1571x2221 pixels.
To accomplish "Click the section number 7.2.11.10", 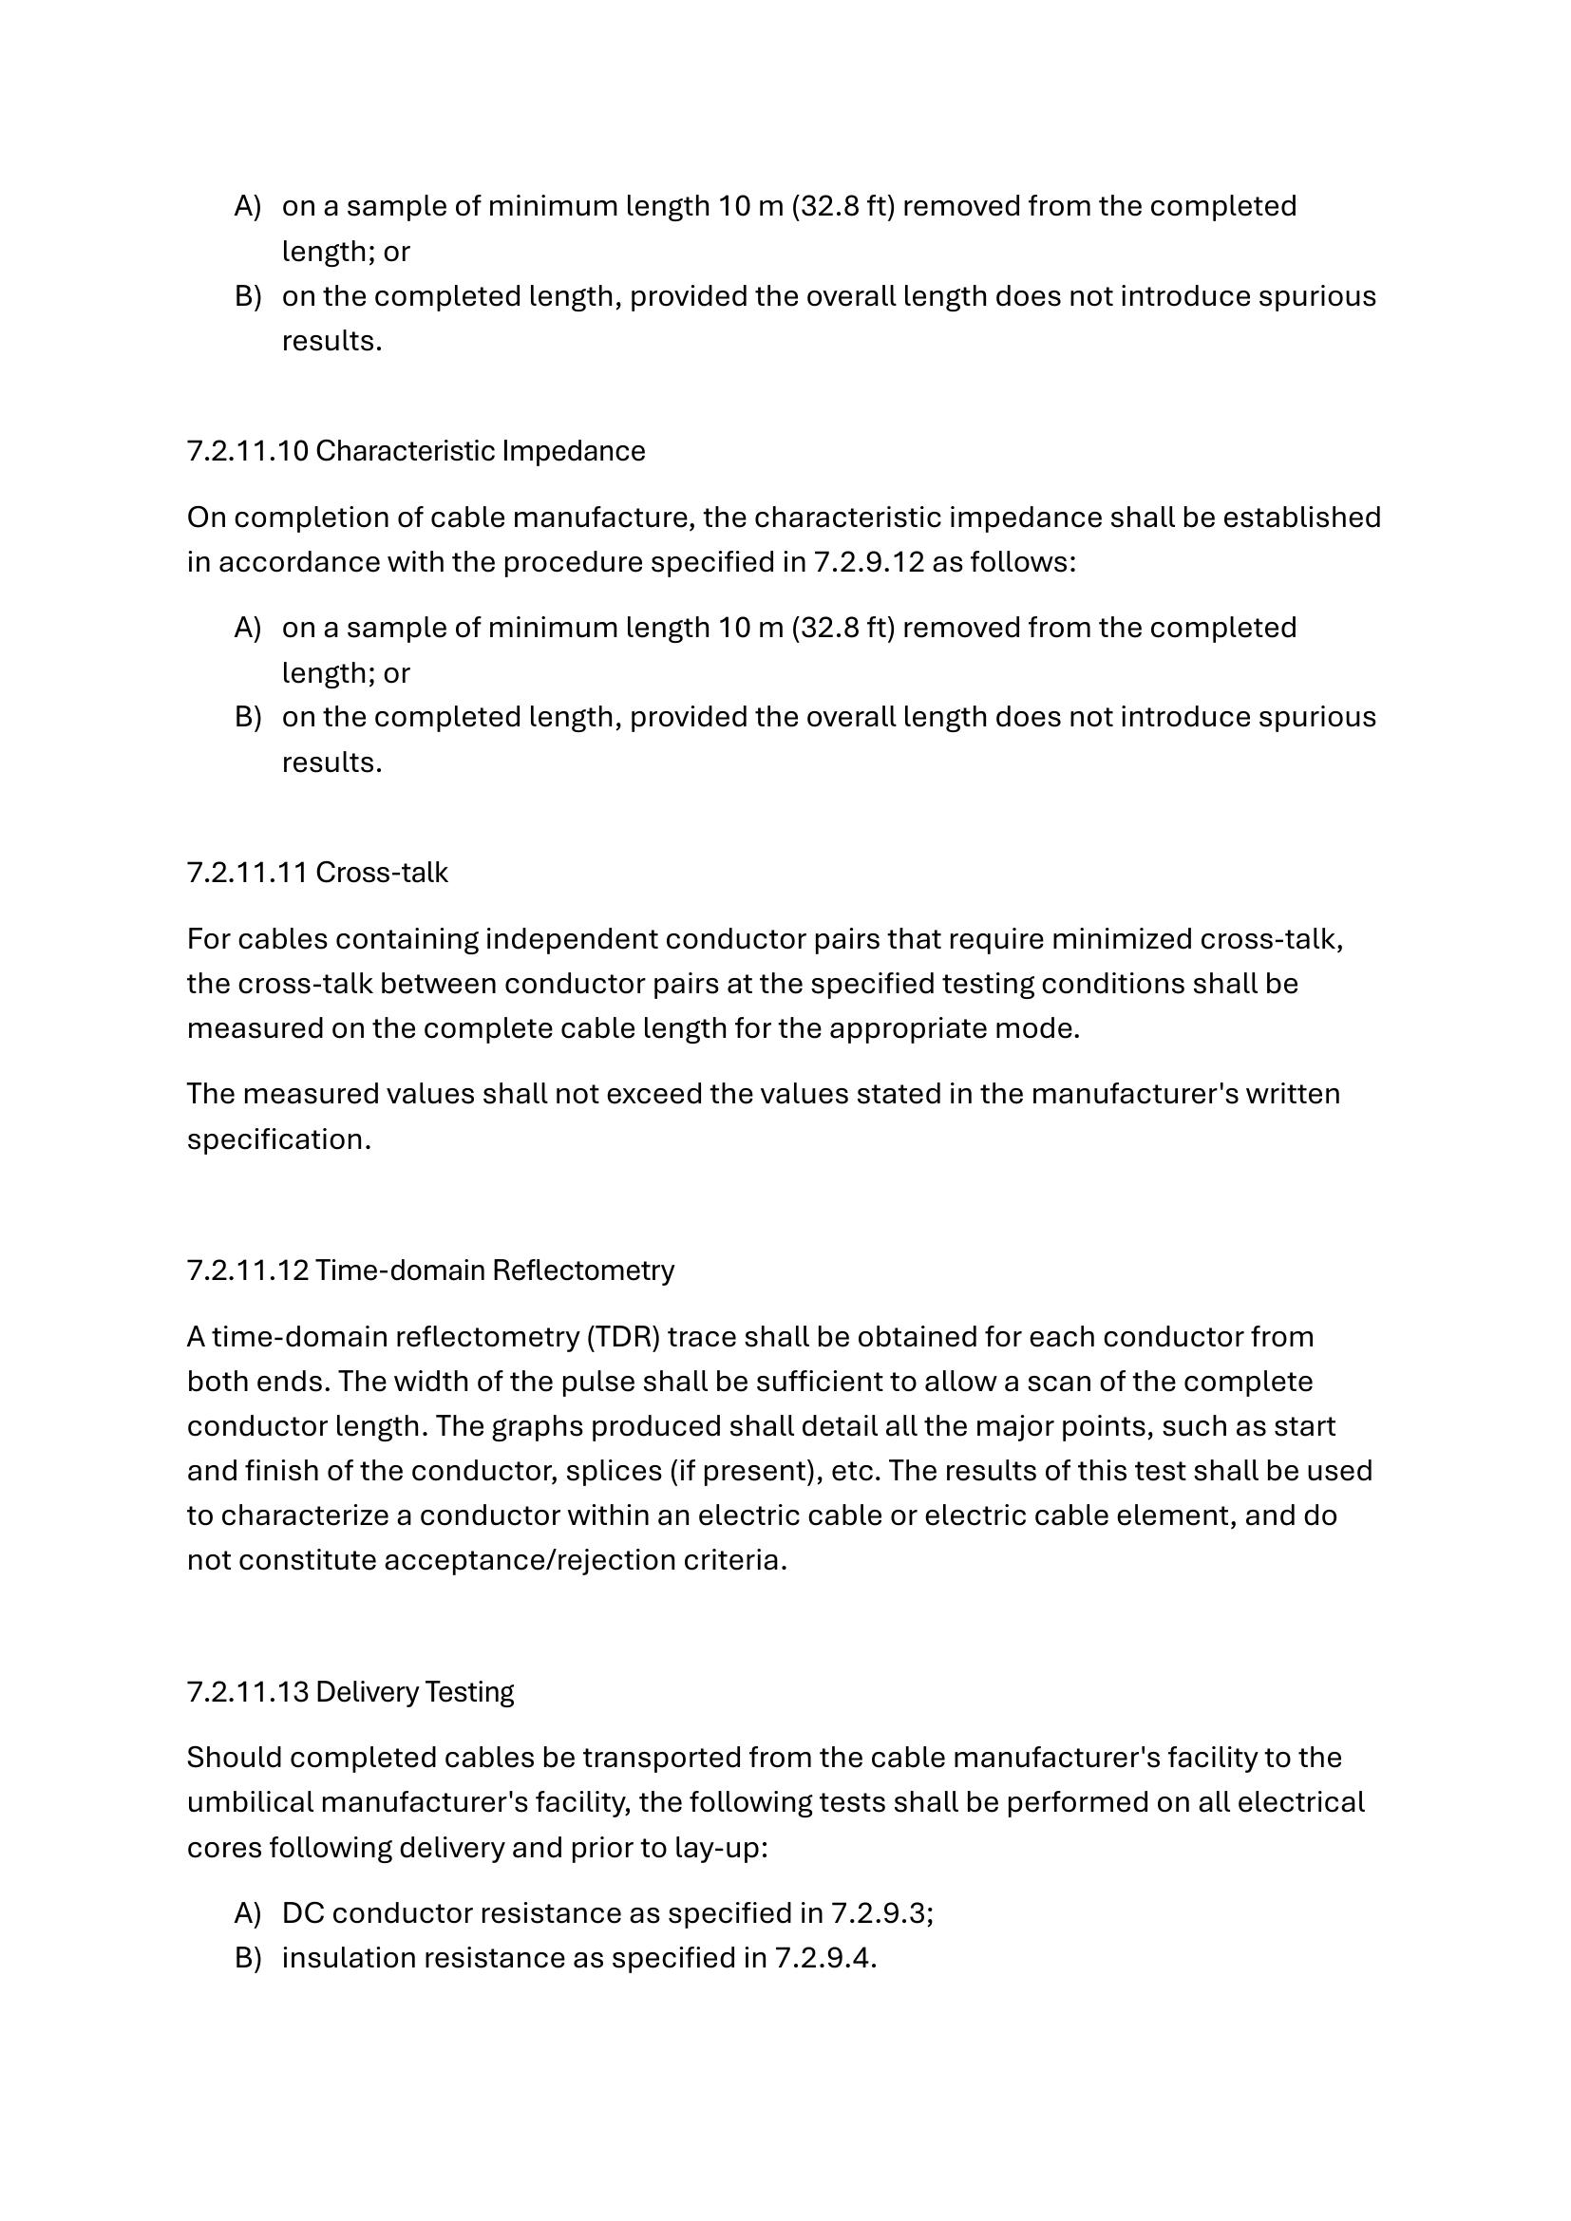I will pyautogui.click(x=248, y=452).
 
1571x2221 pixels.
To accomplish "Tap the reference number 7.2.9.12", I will pyautogui.click(x=869, y=562).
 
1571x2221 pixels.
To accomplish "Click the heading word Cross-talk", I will pyautogui.click(x=381, y=873).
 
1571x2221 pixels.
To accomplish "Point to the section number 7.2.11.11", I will pyautogui.click(x=248, y=873).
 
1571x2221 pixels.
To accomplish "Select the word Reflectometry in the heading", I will pyautogui.click(x=583, y=1270).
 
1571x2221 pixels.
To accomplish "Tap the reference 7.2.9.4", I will pyautogui.click(x=824, y=1958).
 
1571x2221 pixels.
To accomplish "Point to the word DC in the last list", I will pyautogui.click(x=302, y=1913).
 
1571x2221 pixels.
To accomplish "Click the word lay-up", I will pyautogui.click(x=725, y=1848).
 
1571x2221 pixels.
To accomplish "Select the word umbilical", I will pyautogui.click(x=250, y=1802).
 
